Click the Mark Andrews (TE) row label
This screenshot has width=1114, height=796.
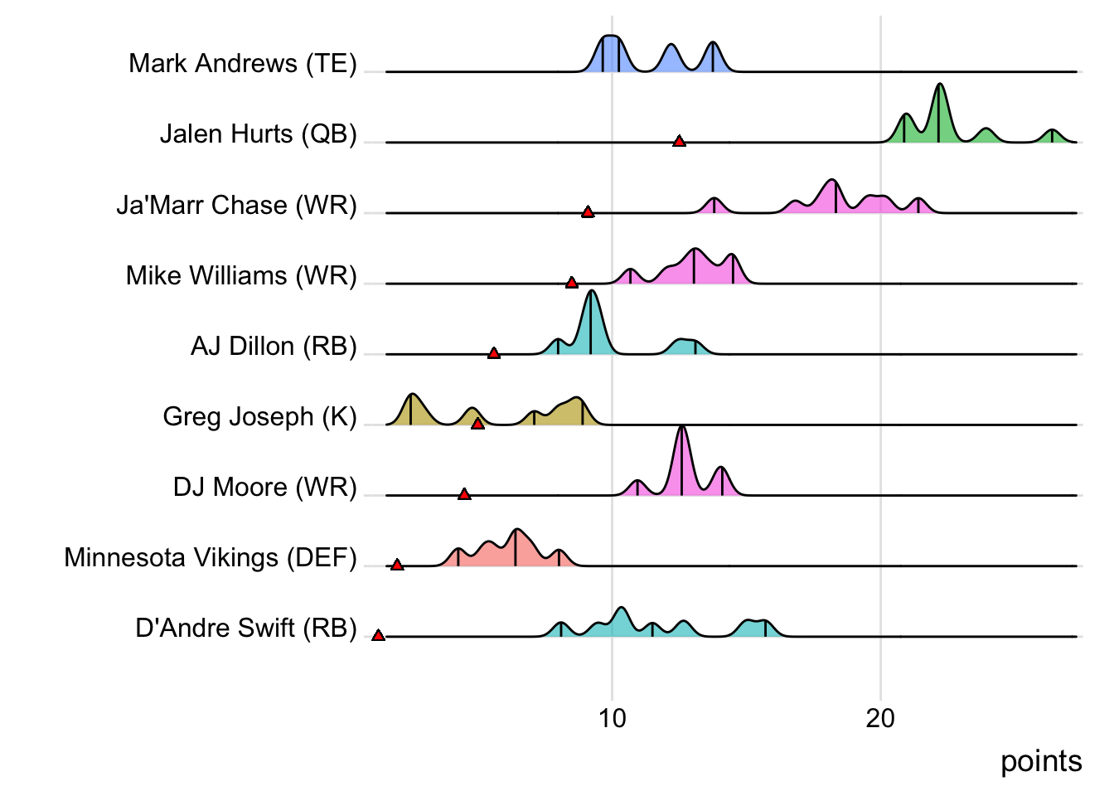[243, 63]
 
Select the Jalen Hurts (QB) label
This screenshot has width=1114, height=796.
[258, 133]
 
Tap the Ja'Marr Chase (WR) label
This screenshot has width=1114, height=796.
[236, 205]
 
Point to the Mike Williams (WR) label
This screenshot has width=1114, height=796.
[241, 275]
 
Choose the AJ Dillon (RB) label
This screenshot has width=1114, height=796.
[274, 346]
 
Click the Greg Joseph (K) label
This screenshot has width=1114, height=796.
[259, 416]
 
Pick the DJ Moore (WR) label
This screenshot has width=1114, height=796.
[264, 487]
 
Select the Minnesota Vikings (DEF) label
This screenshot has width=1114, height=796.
[211, 557]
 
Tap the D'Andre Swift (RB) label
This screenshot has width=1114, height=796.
[246, 628]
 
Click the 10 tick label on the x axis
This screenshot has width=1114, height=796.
[613, 718]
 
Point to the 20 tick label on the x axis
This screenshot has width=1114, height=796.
[880, 718]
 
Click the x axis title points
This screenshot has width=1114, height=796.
[1041, 761]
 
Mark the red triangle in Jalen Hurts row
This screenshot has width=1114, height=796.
[679, 142]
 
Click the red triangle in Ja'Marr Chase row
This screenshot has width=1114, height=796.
[588, 212]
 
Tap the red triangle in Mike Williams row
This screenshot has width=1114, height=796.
[571, 283]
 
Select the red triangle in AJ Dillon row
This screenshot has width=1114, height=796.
[494, 353]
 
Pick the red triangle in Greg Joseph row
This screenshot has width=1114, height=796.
[477, 424]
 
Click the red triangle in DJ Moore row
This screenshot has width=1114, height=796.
[464, 494]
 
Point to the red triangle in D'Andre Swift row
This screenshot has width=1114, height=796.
[378, 635]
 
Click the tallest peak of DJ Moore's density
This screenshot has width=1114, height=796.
[682, 428]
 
